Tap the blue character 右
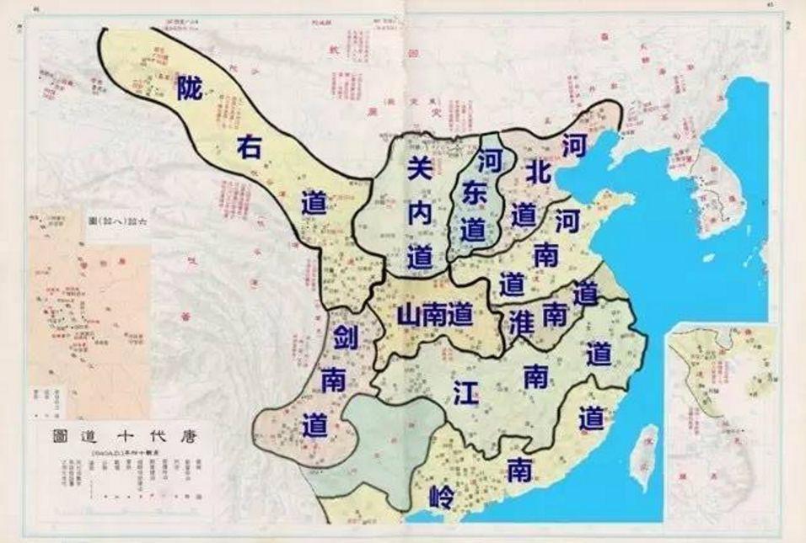(x=247, y=148)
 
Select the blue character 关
(x=419, y=168)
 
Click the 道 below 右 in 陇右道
(x=314, y=205)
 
